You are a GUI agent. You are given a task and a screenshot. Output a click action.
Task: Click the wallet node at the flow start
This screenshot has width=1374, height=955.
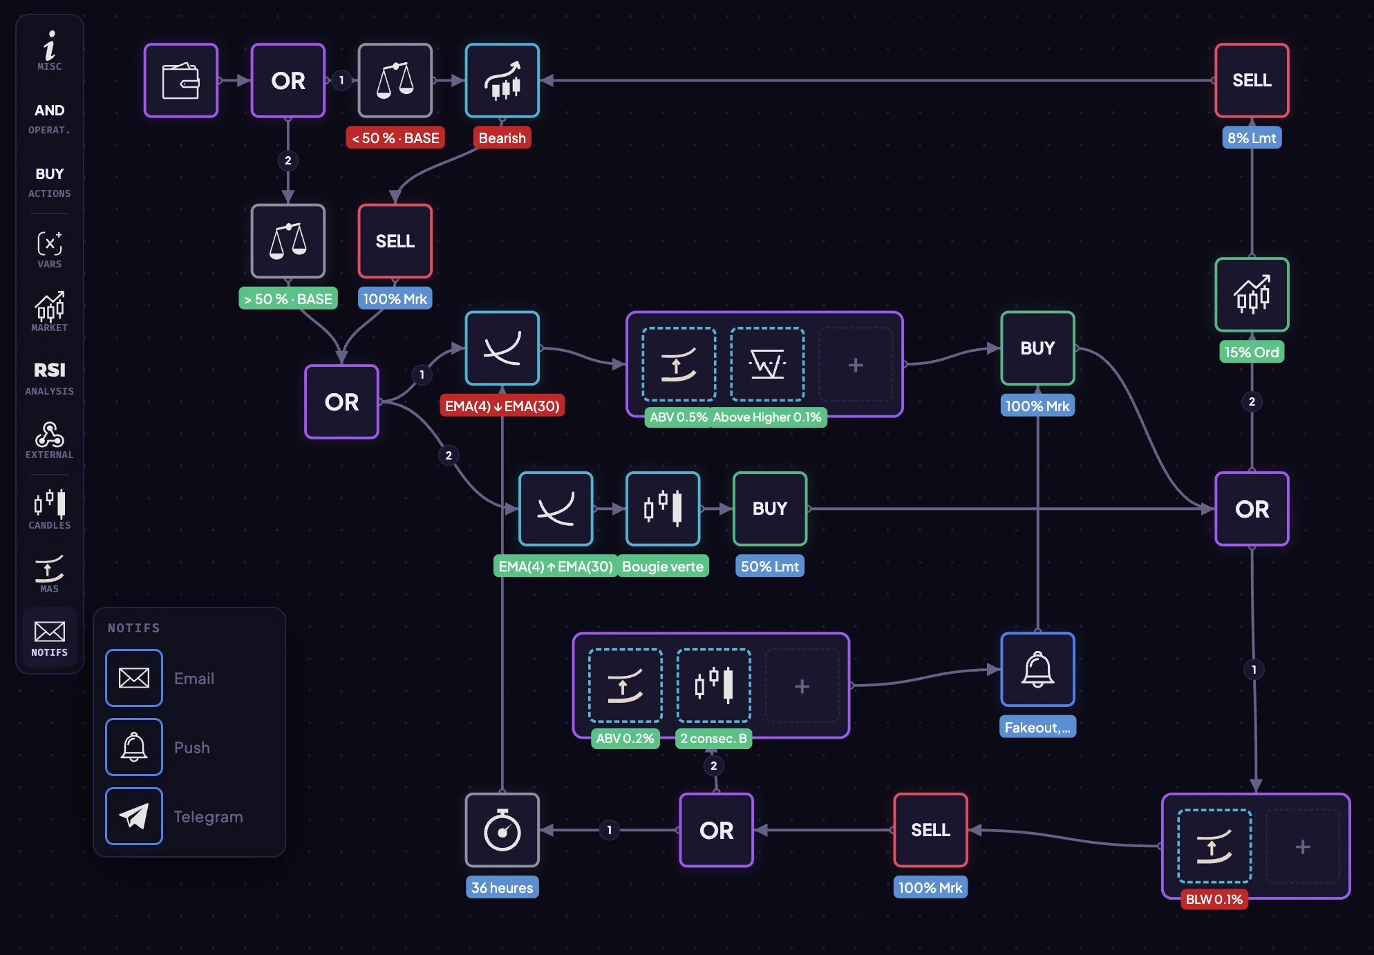click(181, 81)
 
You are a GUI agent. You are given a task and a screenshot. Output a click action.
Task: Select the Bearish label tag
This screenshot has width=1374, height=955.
click(502, 138)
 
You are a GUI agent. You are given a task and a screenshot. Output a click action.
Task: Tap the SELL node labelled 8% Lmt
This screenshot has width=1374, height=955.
click(1252, 81)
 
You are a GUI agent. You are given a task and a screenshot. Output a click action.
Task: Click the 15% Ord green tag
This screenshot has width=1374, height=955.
click(1252, 352)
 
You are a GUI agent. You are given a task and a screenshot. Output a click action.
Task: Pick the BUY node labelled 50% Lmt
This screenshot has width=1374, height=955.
click(769, 509)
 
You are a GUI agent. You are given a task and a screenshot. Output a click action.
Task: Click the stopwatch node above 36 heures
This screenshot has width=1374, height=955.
click(502, 830)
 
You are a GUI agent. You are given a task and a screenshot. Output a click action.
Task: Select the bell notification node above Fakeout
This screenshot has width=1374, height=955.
click(1037, 670)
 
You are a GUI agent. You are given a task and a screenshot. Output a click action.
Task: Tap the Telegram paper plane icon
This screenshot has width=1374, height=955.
click(134, 816)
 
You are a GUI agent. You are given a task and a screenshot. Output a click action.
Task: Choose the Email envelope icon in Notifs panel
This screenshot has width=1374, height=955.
click(134, 678)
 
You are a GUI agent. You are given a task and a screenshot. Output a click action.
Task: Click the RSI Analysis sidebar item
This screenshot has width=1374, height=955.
click(49, 377)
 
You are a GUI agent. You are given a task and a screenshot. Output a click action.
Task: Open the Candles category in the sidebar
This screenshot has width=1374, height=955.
click(49, 509)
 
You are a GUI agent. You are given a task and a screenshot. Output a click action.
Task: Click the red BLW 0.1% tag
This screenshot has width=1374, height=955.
click(1214, 899)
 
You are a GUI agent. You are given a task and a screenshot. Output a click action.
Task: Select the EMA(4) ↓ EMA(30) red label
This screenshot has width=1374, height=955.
click(502, 406)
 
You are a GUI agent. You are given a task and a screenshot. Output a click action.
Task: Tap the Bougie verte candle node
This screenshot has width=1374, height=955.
click(662, 509)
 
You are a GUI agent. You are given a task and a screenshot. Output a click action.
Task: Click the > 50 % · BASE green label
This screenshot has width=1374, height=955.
click(288, 299)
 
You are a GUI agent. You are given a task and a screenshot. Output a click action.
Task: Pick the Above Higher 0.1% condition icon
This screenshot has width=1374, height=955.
click(767, 364)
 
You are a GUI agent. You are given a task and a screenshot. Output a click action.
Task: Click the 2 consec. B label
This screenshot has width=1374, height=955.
click(713, 738)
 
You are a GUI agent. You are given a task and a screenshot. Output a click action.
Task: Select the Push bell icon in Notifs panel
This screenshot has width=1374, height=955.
click(134, 747)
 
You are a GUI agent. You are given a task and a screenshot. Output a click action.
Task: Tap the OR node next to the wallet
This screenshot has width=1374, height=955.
click(288, 81)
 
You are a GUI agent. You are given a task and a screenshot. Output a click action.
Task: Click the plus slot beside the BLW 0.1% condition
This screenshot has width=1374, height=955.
click(1302, 847)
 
